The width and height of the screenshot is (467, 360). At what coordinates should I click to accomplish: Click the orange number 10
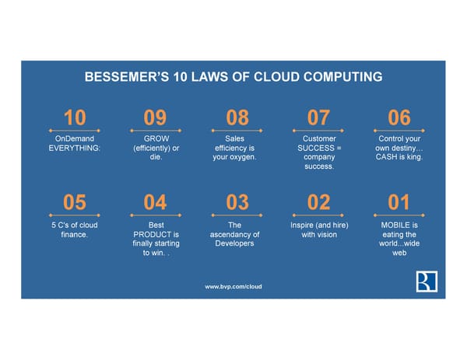click(75, 117)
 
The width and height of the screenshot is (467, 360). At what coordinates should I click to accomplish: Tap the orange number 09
click(155, 117)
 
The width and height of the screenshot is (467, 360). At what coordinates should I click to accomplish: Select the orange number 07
click(318, 117)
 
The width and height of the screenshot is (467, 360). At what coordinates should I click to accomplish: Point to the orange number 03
click(237, 202)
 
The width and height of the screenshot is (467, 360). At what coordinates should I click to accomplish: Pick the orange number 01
click(399, 202)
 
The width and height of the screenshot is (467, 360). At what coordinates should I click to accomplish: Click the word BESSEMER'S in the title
click(127, 77)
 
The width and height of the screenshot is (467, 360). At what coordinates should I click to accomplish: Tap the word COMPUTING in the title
click(342, 77)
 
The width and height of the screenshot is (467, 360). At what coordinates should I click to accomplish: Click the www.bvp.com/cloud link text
click(233, 286)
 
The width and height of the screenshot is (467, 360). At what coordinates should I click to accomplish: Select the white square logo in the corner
click(427, 281)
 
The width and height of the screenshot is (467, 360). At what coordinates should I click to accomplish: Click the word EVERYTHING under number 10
click(75, 148)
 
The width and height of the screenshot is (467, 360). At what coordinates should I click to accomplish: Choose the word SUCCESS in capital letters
click(316, 148)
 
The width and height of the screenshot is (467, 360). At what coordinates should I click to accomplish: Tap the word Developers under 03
click(235, 243)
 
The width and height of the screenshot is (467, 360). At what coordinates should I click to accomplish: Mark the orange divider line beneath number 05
click(75, 215)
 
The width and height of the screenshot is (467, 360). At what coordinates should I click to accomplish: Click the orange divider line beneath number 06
click(399, 131)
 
